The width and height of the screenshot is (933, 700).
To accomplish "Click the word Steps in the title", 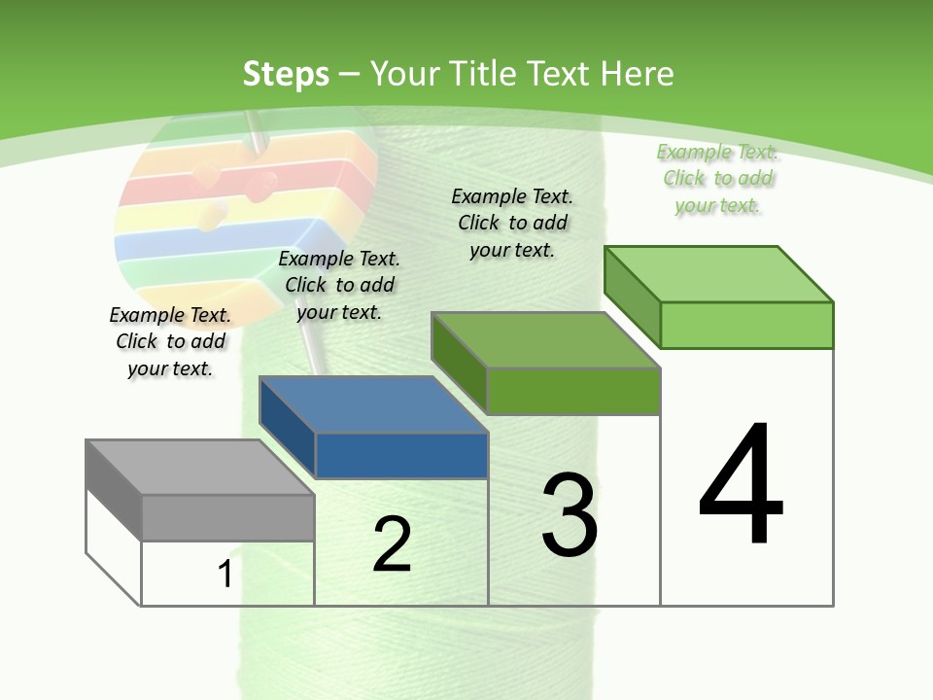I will click(286, 74).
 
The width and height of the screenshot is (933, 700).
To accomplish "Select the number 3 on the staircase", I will click(570, 515).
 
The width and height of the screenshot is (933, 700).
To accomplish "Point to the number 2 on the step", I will click(392, 544).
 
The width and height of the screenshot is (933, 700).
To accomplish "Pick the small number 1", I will click(225, 575).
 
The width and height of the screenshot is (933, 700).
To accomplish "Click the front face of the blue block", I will click(401, 455).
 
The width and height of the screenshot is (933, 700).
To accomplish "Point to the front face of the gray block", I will click(228, 518).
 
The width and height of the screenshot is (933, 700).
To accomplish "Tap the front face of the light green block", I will click(746, 325).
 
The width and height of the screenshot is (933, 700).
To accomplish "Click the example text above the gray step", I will click(170, 341).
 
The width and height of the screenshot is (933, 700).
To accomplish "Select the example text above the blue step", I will click(339, 285).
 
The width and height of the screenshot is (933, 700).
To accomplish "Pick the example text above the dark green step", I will click(512, 223).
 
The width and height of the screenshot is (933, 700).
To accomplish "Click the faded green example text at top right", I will click(717, 178).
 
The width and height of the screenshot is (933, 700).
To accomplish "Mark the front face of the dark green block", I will click(573, 391).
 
